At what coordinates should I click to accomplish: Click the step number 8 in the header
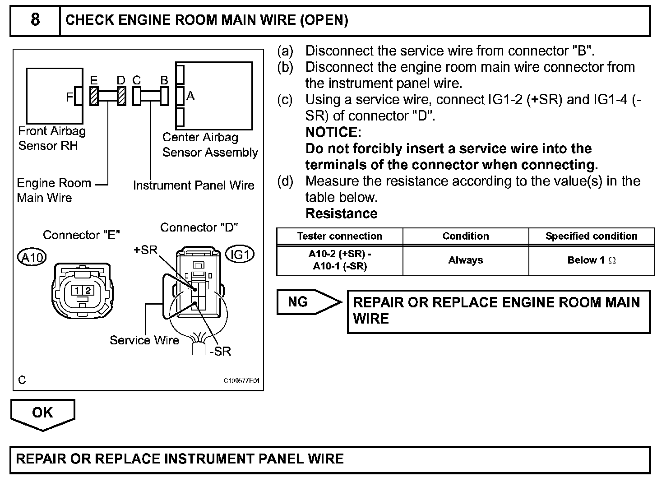[35, 20]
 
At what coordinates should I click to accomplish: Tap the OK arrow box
[43, 414]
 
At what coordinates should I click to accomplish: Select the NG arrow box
[309, 302]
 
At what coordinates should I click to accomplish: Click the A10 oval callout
[32, 257]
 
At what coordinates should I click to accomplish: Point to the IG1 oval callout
[240, 254]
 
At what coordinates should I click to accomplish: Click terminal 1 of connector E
[77, 291]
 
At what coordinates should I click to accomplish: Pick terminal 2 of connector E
[88, 291]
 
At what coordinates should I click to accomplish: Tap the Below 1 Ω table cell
[591, 260]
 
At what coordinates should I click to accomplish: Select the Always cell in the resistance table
[466, 260]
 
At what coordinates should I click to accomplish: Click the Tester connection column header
[340, 236]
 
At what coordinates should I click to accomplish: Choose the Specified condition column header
[591, 236]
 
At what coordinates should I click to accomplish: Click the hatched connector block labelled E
[94, 96]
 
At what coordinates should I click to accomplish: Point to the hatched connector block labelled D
[122, 96]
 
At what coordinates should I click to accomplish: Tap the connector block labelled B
[165, 96]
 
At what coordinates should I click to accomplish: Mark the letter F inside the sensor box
[69, 97]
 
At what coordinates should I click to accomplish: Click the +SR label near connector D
[145, 250]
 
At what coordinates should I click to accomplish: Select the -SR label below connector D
[221, 351]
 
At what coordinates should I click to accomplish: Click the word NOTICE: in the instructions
[333, 132]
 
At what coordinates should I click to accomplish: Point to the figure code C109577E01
[241, 381]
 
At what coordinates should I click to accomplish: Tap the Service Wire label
[144, 340]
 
